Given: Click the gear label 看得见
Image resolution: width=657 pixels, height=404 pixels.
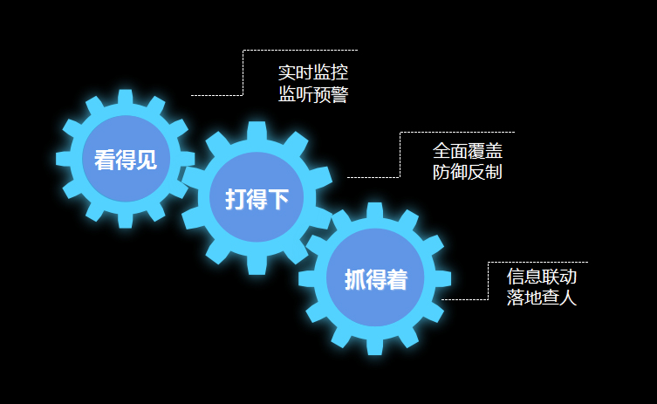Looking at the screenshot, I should pos(126,160).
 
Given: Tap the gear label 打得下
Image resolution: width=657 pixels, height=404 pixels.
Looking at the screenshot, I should pos(257,199).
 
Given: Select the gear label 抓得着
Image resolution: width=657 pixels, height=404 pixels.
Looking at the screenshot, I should pos(375,279).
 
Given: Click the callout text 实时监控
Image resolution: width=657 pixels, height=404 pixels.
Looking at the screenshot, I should pos(313,72).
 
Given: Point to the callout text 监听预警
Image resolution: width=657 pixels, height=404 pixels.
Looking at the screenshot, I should pos(313,94).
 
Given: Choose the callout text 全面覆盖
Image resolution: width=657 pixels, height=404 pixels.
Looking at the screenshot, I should pos(468,150).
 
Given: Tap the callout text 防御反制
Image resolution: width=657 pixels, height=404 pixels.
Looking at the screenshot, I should pos(468,172).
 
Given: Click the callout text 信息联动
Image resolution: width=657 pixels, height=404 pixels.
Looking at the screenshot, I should pos(542,277).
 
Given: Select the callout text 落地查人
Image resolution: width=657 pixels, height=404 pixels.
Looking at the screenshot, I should pos(542,298).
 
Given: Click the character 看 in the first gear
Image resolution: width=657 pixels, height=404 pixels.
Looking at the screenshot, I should pos(105,160).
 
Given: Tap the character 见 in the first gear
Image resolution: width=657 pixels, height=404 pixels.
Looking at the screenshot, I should pos(147,160).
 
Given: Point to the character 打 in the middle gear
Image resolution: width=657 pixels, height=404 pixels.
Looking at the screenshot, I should pos(236,199).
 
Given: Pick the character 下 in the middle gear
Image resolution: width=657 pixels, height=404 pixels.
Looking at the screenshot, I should pos(278,199).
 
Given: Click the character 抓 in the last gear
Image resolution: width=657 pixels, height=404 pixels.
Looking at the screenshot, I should pos(354,279).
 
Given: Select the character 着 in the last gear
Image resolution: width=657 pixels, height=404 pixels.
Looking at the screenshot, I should pos(397,279).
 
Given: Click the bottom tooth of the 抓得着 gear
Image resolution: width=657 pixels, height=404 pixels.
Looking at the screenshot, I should pos(375,346).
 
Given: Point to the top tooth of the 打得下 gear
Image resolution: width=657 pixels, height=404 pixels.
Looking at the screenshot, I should pos(257,131).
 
